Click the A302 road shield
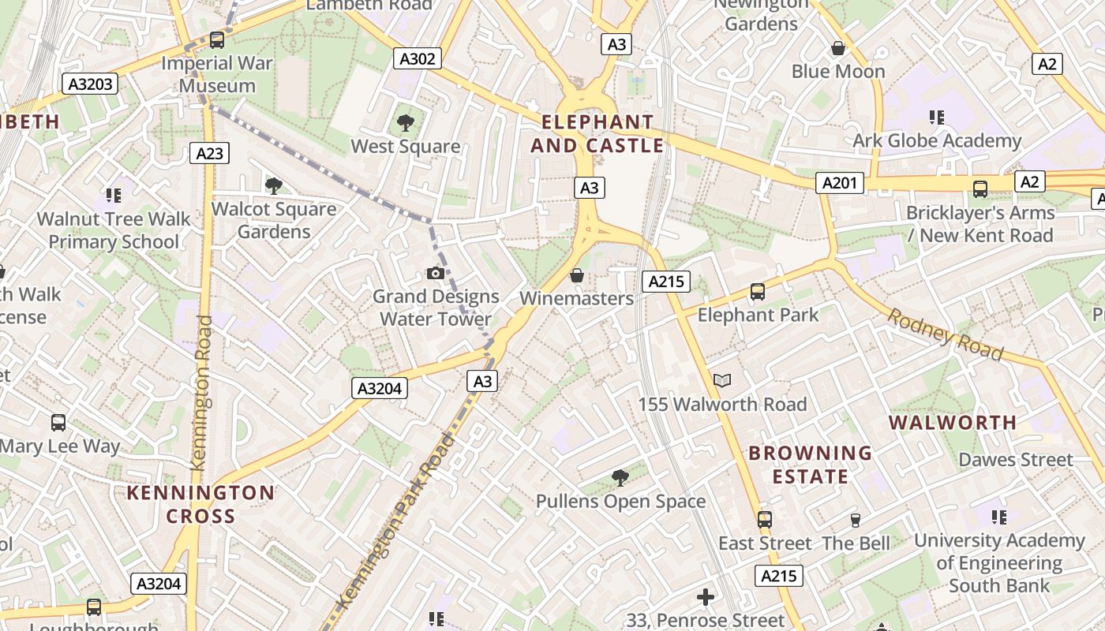tap(418, 58)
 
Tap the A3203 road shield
tap(92, 84)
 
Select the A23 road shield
tap(209, 153)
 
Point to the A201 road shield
tap(839, 184)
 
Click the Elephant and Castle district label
tap(597, 134)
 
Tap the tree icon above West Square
tap(406, 122)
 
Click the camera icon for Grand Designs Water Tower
tap(435, 273)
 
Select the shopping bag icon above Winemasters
tap(577, 275)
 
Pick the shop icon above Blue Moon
tap(838, 49)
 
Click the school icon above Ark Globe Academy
tap(937, 118)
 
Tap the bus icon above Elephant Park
tap(758, 292)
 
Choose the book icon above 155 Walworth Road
tap(721, 381)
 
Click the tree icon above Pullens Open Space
tap(620, 477)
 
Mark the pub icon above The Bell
tap(855, 520)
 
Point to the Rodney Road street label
tap(945, 334)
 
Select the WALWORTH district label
tap(953, 423)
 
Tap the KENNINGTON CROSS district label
tap(200, 505)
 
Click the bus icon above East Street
tap(764, 520)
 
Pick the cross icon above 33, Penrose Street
tap(706, 597)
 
